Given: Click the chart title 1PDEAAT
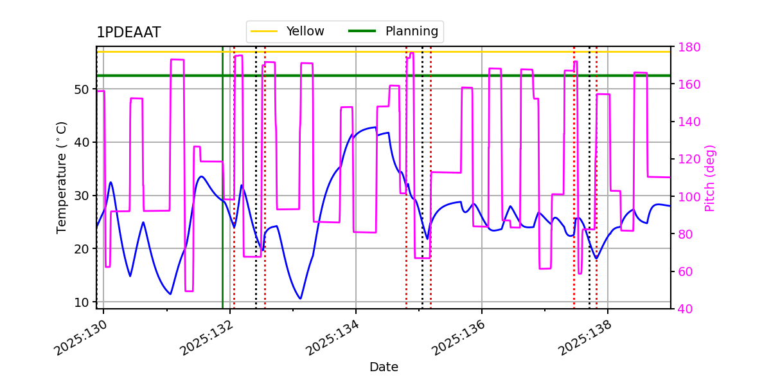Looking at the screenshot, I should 128,33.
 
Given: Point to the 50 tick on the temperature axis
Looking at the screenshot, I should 82,89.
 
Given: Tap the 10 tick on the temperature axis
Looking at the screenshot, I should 82,302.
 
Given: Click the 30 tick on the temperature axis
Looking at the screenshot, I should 82,196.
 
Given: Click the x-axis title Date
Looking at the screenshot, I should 384,367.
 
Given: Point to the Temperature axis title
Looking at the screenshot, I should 62,177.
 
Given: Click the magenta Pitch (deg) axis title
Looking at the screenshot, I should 710,178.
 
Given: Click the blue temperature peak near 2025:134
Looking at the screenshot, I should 375,127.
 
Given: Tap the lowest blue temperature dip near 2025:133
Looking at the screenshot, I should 300,299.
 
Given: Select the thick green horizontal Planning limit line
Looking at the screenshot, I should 450,75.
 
